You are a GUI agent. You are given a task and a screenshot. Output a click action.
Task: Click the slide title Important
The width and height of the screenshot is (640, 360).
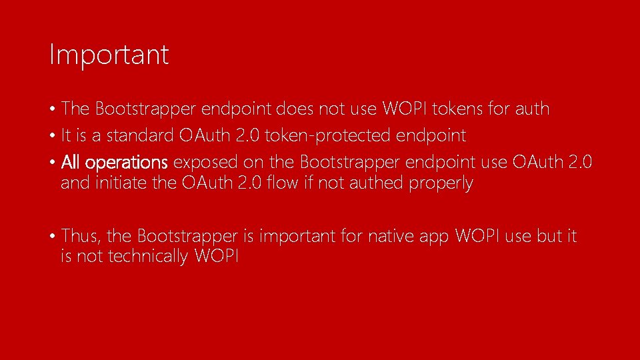[109, 55]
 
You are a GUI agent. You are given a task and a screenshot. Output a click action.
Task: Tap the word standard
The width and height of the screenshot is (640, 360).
[140, 136]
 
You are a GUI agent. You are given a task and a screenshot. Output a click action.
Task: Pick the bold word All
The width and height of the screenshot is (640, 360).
[72, 163]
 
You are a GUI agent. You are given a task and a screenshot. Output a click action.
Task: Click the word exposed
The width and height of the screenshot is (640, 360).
[201, 163]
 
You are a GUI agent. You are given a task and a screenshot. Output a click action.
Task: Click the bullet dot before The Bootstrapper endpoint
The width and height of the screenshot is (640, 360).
[52, 109]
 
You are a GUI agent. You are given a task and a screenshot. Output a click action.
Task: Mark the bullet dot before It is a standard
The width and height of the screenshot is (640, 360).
[52, 137]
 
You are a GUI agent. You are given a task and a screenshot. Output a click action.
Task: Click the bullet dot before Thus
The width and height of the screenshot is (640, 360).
[52, 237]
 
